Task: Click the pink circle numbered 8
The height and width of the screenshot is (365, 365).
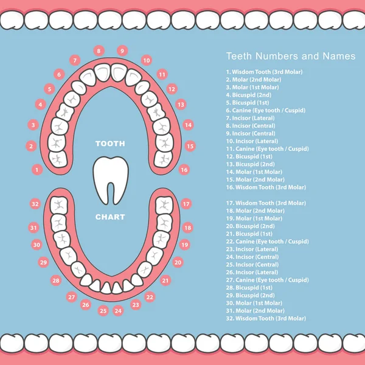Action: tap(99, 50)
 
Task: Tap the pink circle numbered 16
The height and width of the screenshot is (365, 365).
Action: tap(184, 170)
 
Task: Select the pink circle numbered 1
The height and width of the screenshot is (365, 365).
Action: tap(38, 170)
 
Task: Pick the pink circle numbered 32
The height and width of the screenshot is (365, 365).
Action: tap(35, 204)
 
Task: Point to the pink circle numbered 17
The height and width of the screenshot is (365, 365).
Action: tap(186, 204)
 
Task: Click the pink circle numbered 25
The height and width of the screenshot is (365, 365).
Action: tap(103, 310)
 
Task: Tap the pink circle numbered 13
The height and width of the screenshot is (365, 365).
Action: tap(181, 105)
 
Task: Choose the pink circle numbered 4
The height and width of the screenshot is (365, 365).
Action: tap(41, 105)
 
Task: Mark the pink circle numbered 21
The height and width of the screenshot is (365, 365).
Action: tap(165, 280)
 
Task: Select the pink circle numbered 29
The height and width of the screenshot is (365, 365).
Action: tap(43, 262)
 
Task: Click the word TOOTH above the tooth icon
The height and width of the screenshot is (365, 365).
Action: tap(110, 144)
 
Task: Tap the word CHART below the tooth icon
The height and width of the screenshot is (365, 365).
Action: tap(110, 217)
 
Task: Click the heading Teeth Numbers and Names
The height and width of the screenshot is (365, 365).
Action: tap(291, 56)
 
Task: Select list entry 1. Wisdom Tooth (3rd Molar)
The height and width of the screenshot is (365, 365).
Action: tap(264, 72)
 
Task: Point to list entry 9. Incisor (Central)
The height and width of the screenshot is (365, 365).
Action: tap(250, 133)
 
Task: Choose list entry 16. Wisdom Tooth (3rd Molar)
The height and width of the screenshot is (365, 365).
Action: tap(266, 187)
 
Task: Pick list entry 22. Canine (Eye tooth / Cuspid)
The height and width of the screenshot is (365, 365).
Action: tap(266, 242)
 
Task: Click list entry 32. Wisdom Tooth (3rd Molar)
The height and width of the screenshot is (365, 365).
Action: tap(266, 318)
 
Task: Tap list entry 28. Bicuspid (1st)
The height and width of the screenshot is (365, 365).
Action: tap(249, 287)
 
